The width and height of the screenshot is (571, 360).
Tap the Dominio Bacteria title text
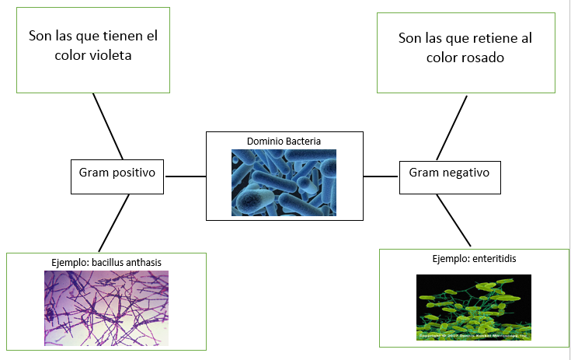pos(284,141)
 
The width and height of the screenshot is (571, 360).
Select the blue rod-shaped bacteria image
pos(284,183)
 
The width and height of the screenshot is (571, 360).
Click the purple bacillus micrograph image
pos(106,308)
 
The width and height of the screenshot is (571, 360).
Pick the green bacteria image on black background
pos(473,307)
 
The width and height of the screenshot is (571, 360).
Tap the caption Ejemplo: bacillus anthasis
pos(106,262)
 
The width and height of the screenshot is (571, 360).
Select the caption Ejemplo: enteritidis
pos(474,258)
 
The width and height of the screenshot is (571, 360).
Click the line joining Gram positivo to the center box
pos(185,177)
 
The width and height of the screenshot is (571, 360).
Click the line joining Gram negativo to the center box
pos(381,177)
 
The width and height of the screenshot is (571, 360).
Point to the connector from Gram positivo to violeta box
pos(108,127)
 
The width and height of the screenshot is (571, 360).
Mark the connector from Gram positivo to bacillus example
pos(113,223)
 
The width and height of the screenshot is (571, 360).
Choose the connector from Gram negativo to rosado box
pos(451,128)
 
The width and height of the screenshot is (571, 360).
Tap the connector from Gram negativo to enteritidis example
pos(454,221)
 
